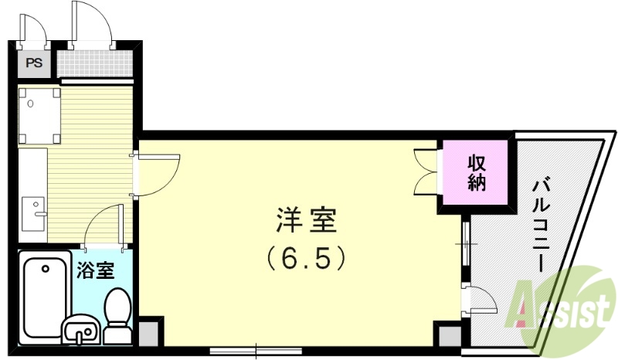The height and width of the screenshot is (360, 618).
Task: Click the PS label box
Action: (x=34, y=63)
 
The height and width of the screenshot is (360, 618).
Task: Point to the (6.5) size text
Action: (x=306, y=257)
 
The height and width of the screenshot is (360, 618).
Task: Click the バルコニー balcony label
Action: (x=541, y=224)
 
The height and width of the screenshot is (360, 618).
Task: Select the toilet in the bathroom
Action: (x=117, y=314)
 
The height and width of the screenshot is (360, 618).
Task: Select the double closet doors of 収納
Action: (x=426, y=172)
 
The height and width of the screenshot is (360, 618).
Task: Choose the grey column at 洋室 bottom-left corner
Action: (x=150, y=333)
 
